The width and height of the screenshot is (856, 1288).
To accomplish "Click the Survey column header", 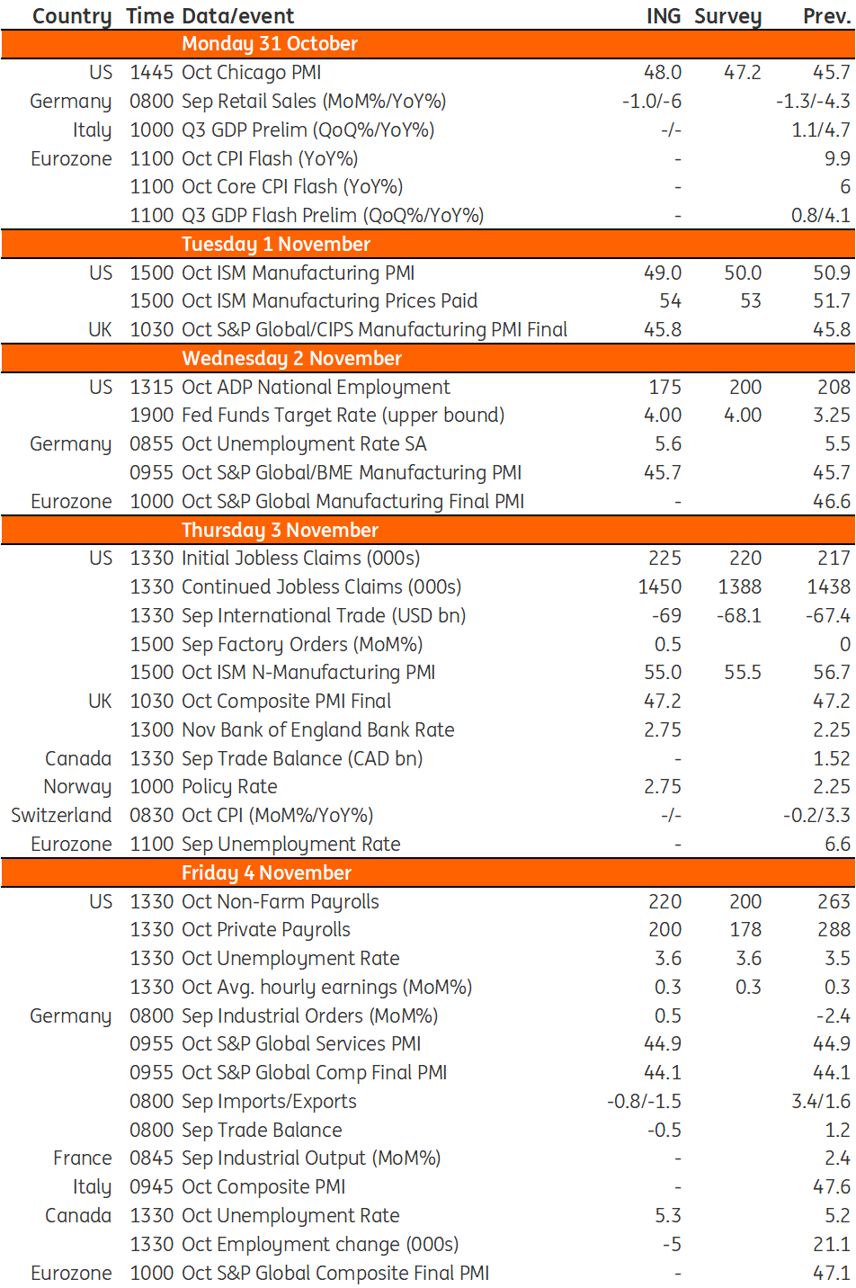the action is (727, 16).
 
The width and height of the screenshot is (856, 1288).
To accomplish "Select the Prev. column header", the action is (826, 16).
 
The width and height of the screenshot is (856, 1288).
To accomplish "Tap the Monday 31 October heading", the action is (270, 44).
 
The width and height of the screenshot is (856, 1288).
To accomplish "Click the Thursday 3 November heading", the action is (280, 530).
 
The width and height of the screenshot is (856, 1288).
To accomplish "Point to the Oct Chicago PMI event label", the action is (251, 73).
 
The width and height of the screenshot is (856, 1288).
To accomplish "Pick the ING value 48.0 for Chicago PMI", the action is (663, 73).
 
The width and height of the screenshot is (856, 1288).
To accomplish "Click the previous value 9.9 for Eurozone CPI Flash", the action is (837, 158).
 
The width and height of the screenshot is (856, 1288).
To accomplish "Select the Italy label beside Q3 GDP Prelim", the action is (92, 130).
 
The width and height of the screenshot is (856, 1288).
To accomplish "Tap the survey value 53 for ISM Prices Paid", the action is (750, 300).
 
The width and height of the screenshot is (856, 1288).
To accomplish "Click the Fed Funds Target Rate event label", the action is (343, 416).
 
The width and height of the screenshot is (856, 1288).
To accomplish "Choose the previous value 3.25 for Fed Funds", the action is (832, 416).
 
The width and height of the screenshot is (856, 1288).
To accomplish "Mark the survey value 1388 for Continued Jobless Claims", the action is (739, 586).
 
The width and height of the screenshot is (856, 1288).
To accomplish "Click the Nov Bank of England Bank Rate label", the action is (318, 729).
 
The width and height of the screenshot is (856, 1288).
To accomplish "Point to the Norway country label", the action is (77, 787).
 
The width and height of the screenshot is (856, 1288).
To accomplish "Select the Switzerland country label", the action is (61, 816).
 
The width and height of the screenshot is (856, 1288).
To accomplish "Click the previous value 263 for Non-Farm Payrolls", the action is (834, 901).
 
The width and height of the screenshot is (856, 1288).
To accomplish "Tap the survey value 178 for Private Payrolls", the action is (745, 930).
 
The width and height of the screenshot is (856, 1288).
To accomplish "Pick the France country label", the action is (82, 1158).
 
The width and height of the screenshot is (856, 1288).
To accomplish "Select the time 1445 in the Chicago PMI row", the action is (151, 73).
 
